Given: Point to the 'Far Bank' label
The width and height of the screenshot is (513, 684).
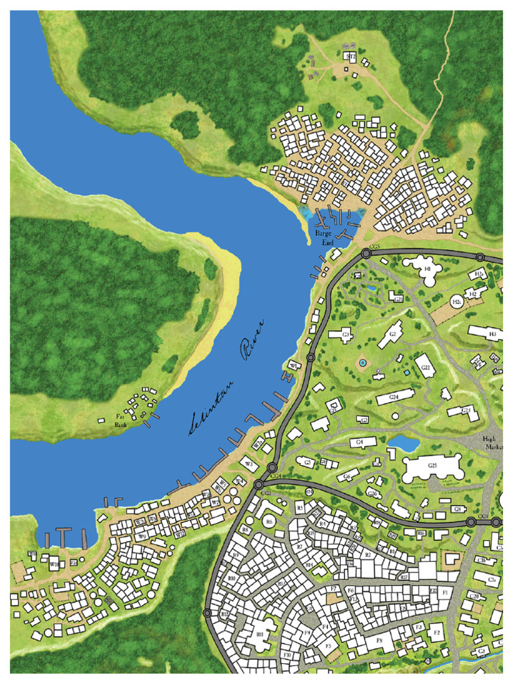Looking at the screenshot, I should pos(121,419).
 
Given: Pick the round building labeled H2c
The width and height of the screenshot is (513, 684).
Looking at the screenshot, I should pos(458,302).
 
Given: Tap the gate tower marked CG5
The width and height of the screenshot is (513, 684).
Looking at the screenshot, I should pos(366,254).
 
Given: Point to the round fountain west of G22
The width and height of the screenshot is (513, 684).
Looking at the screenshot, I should pos(363,362).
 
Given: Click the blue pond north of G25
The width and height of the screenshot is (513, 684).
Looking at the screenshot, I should pos(403,442).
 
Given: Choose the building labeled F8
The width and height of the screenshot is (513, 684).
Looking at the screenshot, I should pos(379,641).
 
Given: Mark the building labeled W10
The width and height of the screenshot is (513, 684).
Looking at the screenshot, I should pos(54,564).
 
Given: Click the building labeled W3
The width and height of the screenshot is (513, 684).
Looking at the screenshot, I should pos(248,463).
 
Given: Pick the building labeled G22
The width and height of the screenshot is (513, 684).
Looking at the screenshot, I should pos(425,367).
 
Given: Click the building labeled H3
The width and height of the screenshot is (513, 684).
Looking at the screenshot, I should pos(486,333).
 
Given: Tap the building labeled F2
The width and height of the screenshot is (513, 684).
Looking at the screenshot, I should pos(437,632).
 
